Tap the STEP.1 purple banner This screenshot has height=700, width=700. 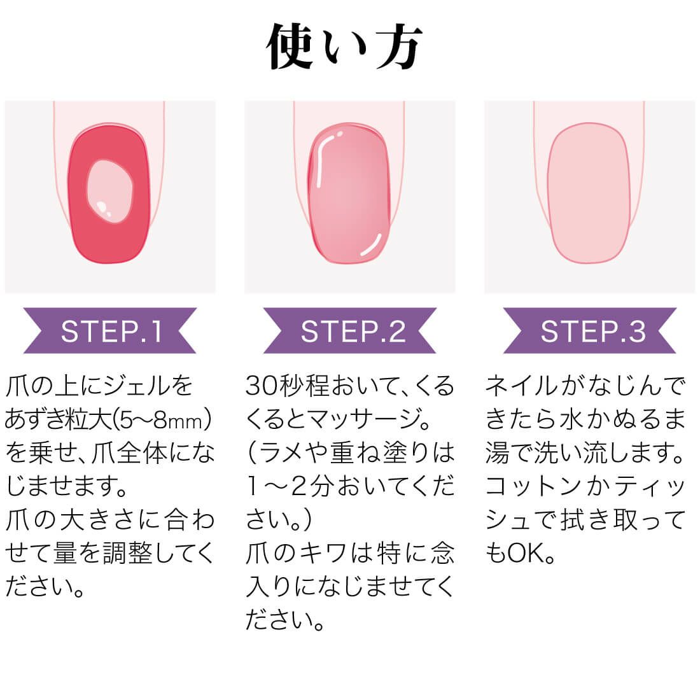[x=110, y=331]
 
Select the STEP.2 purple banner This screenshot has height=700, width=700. [x=350, y=331]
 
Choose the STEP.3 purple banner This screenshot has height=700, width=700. [x=590, y=331]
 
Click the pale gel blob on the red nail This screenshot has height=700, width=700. [x=110, y=191]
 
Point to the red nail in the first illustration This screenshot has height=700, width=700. [x=109, y=194]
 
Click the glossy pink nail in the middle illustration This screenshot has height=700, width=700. [x=349, y=194]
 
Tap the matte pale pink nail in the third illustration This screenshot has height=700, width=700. [x=589, y=193]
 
